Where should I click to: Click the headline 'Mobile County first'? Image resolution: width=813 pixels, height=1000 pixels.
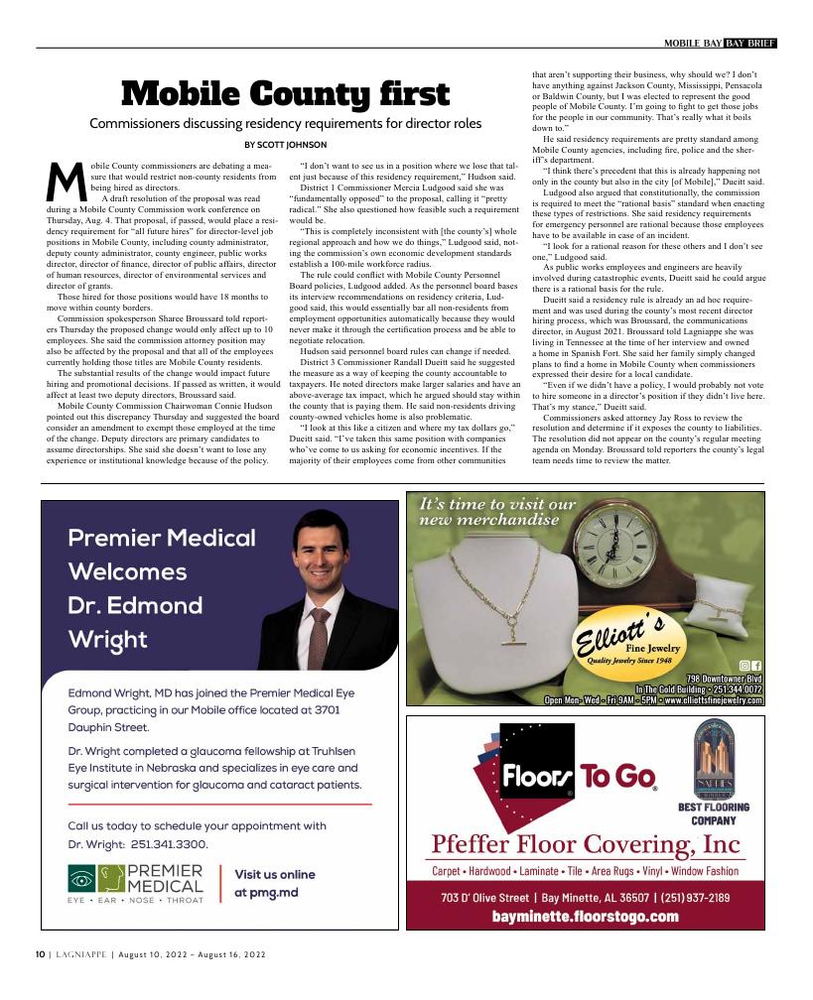tap(285, 94)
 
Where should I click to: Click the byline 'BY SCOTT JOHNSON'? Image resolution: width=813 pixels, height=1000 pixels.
tap(285, 145)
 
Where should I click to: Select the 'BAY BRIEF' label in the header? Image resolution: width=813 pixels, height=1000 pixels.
tap(749, 43)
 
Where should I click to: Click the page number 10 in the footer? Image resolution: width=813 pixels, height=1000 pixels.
tap(40, 954)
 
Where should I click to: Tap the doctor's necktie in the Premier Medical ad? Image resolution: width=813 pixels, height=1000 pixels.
tap(320, 636)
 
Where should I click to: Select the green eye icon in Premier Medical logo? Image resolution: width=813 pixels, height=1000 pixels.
tap(82, 879)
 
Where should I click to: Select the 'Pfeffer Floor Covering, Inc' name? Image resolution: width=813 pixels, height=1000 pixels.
tap(586, 844)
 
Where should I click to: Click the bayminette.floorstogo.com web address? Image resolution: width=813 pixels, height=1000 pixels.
tap(585, 916)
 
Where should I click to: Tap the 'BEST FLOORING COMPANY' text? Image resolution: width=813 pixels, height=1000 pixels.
tap(713, 813)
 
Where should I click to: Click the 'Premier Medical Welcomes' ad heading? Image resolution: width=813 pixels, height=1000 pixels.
tap(162, 556)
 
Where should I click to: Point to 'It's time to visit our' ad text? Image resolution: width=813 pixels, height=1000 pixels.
tap(497, 504)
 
